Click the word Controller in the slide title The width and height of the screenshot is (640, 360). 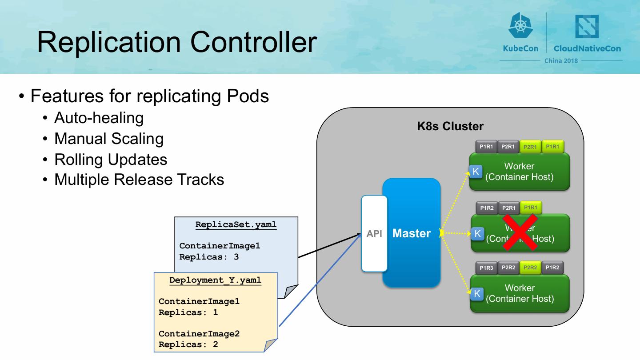(254, 42)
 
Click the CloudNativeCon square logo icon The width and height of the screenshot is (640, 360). (587, 27)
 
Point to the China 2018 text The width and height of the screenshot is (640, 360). (561, 60)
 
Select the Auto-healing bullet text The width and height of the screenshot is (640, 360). (99, 118)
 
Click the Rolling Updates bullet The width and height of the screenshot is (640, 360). (111, 159)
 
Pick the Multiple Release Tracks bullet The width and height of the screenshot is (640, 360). (139, 180)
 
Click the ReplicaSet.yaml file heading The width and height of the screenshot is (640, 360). (236, 224)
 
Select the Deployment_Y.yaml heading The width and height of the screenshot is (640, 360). (215, 280)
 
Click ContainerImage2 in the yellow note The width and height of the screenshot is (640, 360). (199, 334)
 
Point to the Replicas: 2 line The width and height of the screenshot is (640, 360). (188, 344)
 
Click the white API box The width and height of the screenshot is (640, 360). (374, 233)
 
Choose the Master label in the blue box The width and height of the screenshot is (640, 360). (412, 233)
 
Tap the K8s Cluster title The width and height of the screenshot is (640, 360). (450, 126)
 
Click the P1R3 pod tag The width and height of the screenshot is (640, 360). (487, 268)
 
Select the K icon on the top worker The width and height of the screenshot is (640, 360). (476, 172)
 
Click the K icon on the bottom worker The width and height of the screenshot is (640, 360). (477, 294)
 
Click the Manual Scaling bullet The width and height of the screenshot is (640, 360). (109, 139)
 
